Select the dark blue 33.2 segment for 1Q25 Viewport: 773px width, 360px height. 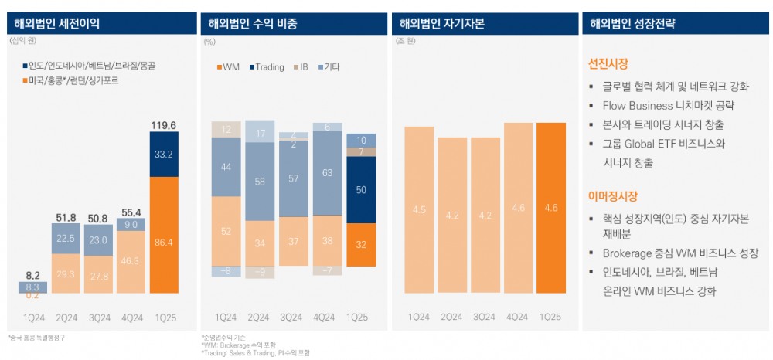point(164,155)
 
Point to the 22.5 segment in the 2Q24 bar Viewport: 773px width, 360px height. point(66,239)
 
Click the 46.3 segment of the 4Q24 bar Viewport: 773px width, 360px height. point(131,262)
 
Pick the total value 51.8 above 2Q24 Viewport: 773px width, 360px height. point(66,217)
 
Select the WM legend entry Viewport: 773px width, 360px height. point(226,67)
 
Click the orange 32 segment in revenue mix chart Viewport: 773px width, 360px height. point(362,244)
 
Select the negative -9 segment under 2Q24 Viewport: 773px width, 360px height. point(259,272)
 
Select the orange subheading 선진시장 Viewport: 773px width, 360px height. point(608,62)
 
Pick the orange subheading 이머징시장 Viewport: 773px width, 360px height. point(613,196)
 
